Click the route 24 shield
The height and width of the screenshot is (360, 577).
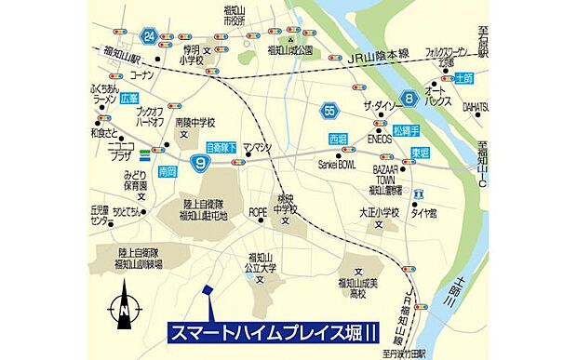[x=149, y=36]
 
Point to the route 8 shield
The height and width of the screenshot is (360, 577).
[x=408, y=98]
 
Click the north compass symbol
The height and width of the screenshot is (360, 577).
[x=124, y=310]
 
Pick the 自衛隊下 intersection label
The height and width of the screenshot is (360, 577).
[x=221, y=147]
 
